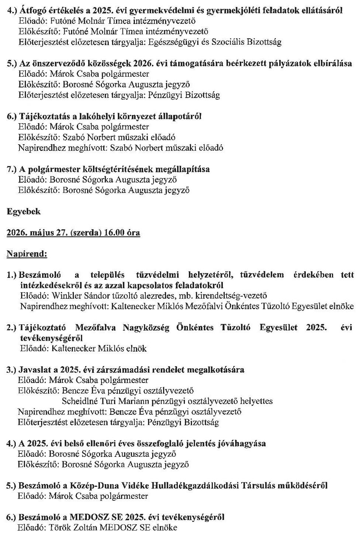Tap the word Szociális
coord(229,42)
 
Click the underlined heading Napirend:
coord(27,254)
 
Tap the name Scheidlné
coord(79,401)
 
